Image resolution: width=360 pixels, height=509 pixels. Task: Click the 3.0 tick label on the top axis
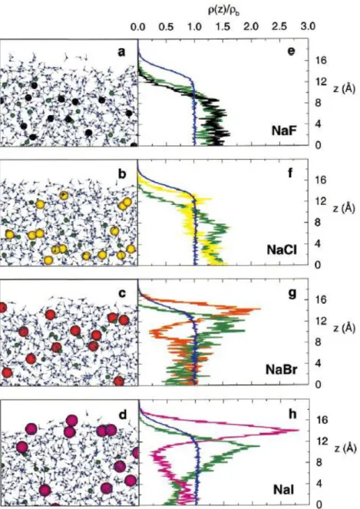point(308,27)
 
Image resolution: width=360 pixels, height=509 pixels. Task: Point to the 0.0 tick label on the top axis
point(138,27)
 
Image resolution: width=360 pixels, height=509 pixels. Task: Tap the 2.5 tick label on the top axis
point(279,27)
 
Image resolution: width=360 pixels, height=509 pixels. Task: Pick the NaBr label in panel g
point(281,369)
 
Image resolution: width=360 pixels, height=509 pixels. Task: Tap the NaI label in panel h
point(284,489)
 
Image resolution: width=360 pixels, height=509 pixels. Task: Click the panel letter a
point(121,52)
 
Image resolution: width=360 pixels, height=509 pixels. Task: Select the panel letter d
point(123,415)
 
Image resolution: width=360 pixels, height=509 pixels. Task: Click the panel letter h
point(292,414)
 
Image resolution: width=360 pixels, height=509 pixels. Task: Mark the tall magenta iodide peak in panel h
point(296,431)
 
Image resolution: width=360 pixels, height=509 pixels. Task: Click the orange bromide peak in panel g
point(258,309)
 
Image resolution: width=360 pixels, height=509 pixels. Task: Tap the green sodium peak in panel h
point(256,446)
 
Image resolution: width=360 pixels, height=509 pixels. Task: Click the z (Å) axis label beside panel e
point(345,88)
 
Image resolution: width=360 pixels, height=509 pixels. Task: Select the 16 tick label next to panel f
point(322,180)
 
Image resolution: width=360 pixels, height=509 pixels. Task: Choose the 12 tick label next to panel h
point(322,441)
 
